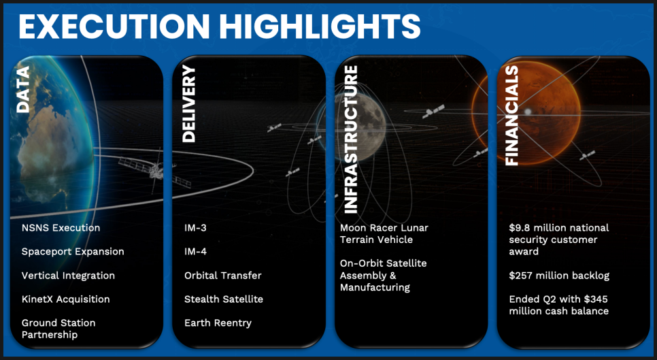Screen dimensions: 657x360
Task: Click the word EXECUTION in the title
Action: (x=114, y=26)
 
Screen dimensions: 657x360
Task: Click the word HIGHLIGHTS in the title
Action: (x=320, y=26)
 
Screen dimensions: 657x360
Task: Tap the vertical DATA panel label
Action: (x=23, y=89)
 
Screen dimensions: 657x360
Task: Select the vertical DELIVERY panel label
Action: (x=189, y=103)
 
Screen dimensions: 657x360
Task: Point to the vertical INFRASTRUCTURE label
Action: (x=350, y=140)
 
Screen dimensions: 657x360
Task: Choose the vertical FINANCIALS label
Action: (x=512, y=116)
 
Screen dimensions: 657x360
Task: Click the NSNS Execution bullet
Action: (x=61, y=228)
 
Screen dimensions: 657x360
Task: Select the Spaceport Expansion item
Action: (x=73, y=252)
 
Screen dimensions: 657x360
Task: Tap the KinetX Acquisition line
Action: (x=66, y=299)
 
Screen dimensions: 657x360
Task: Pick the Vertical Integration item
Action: (x=68, y=276)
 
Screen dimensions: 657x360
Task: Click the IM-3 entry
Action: (x=195, y=228)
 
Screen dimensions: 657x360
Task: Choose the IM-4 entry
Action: (x=195, y=252)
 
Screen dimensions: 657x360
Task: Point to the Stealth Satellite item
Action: (x=224, y=299)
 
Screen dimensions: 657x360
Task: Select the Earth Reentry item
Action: (x=218, y=323)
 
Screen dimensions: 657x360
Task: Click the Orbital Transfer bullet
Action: (x=223, y=276)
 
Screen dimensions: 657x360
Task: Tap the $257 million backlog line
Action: (x=559, y=276)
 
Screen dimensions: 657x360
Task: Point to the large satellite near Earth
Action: (x=156, y=171)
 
